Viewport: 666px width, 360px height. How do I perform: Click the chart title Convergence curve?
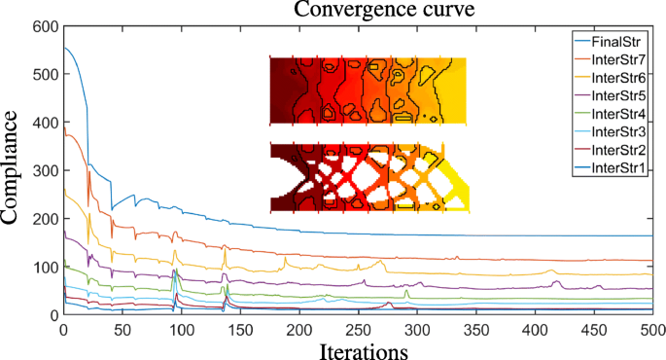359,11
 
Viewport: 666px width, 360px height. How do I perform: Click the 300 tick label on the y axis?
45,171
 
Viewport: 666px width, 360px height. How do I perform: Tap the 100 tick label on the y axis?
45,267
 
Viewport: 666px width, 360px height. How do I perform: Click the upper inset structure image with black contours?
368,90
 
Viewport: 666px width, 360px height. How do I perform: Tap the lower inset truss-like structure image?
368,177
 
